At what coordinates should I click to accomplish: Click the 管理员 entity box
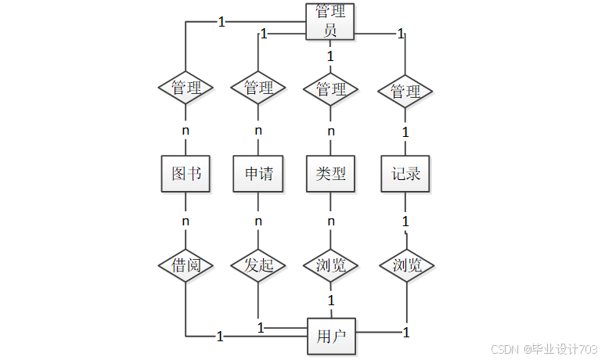[x=330, y=22]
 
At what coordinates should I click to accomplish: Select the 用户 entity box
[x=331, y=336]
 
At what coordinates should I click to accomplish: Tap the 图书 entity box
[x=185, y=174]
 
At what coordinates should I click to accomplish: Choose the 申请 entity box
[x=258, y=174]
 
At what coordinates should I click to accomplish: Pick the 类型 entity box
[x=330, y=174]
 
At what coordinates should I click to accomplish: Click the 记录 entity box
[x=405, y=174]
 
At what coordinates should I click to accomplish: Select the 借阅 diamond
[x=185, y=265]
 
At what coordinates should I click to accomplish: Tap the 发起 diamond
[x=258, y=265]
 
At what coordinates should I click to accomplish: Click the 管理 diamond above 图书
[x=185, y=88]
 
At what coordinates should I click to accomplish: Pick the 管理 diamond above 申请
[x=258, y=88]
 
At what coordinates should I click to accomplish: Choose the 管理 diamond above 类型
[x=330, y=89]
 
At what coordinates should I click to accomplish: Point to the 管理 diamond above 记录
[x=405, y=92]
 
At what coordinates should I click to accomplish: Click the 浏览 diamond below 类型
[x=330, y=265]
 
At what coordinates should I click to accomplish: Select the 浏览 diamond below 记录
[x=407, y=265]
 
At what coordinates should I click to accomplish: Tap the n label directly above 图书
[x=185, y=131]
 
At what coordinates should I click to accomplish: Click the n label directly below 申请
[x=258, y=221]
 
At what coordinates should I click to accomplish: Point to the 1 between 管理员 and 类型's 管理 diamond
[x=330, y=56]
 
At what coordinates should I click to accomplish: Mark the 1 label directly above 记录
[x=405, y=132]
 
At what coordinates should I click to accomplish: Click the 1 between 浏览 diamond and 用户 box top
[x=331, y=301]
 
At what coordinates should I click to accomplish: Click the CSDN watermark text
[x=505, y=349]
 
